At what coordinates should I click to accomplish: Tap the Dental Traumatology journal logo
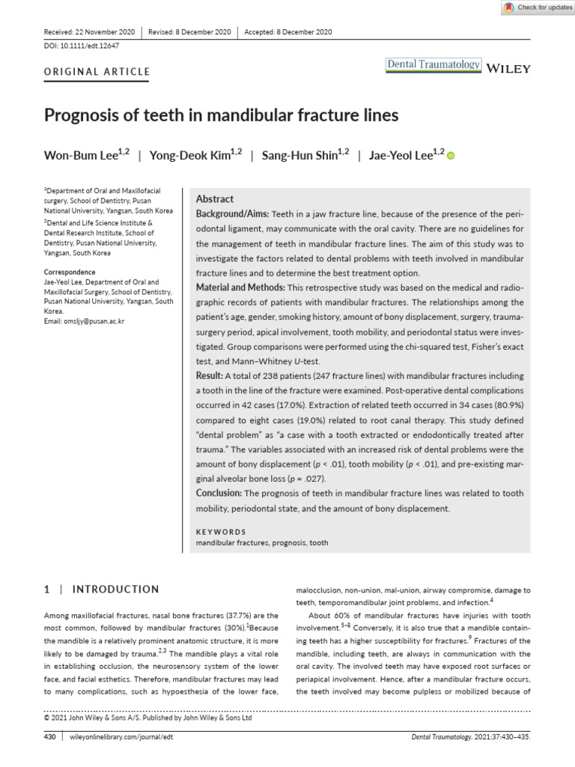pyautogui.click(x=433, y=65)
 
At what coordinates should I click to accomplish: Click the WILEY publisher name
pyautogui.click(x=508, y=69)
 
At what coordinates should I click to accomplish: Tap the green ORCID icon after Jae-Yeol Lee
pyautogui.click(x=451, y=156)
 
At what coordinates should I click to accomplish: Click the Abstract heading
pyautogui.click(x=215, y=199)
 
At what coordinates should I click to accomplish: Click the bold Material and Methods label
pyautogui.click(x=240, y=288)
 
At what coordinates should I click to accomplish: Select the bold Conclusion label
pyautogui.click(x=219, y=493)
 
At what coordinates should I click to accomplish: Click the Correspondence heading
pyautogui.click(x=70, y=272)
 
